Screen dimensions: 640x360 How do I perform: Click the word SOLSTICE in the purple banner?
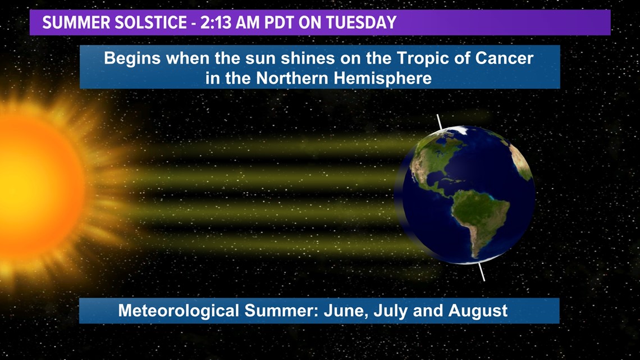click(x=150, y=22)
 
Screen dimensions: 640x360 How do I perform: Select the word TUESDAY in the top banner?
click(x=361, y=22)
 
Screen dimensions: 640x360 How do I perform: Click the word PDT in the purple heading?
click(x=280, y=22)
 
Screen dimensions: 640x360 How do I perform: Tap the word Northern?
click(x=292, y=78)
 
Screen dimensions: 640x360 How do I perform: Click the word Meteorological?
click(x=179, y=311)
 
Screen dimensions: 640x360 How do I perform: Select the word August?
click(x=478, y=311)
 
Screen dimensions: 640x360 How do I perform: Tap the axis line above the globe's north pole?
click(x=440, y=122)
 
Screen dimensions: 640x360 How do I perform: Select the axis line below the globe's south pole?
click(x=482, y=272)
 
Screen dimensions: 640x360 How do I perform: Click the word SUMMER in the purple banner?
click(x=76, y=22)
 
